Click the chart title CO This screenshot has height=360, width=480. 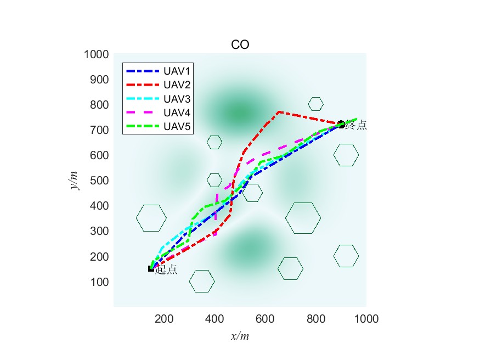pyautogui.click(x=240, y=44)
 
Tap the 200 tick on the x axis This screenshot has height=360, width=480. pyautogui.click(x=164, y=318)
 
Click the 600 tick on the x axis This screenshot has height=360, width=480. pyautogui.click(x=265, y=318)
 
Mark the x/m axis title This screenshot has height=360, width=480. pyautogui.click(x=240, y=336)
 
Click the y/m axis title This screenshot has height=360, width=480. pyautogui.click(x=75, y=180)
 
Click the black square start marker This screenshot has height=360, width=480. pyautogui.click(x=151, y=269)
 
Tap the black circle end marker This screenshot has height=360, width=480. pyautogui.click(x=341, y=125)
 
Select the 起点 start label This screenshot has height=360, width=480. pyautogui.click(x=166, y=269)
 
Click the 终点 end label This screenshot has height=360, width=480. pyautogui.click(x=355, y=126)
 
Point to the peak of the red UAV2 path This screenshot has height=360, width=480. pyautogui.click(x=279, y=112)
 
